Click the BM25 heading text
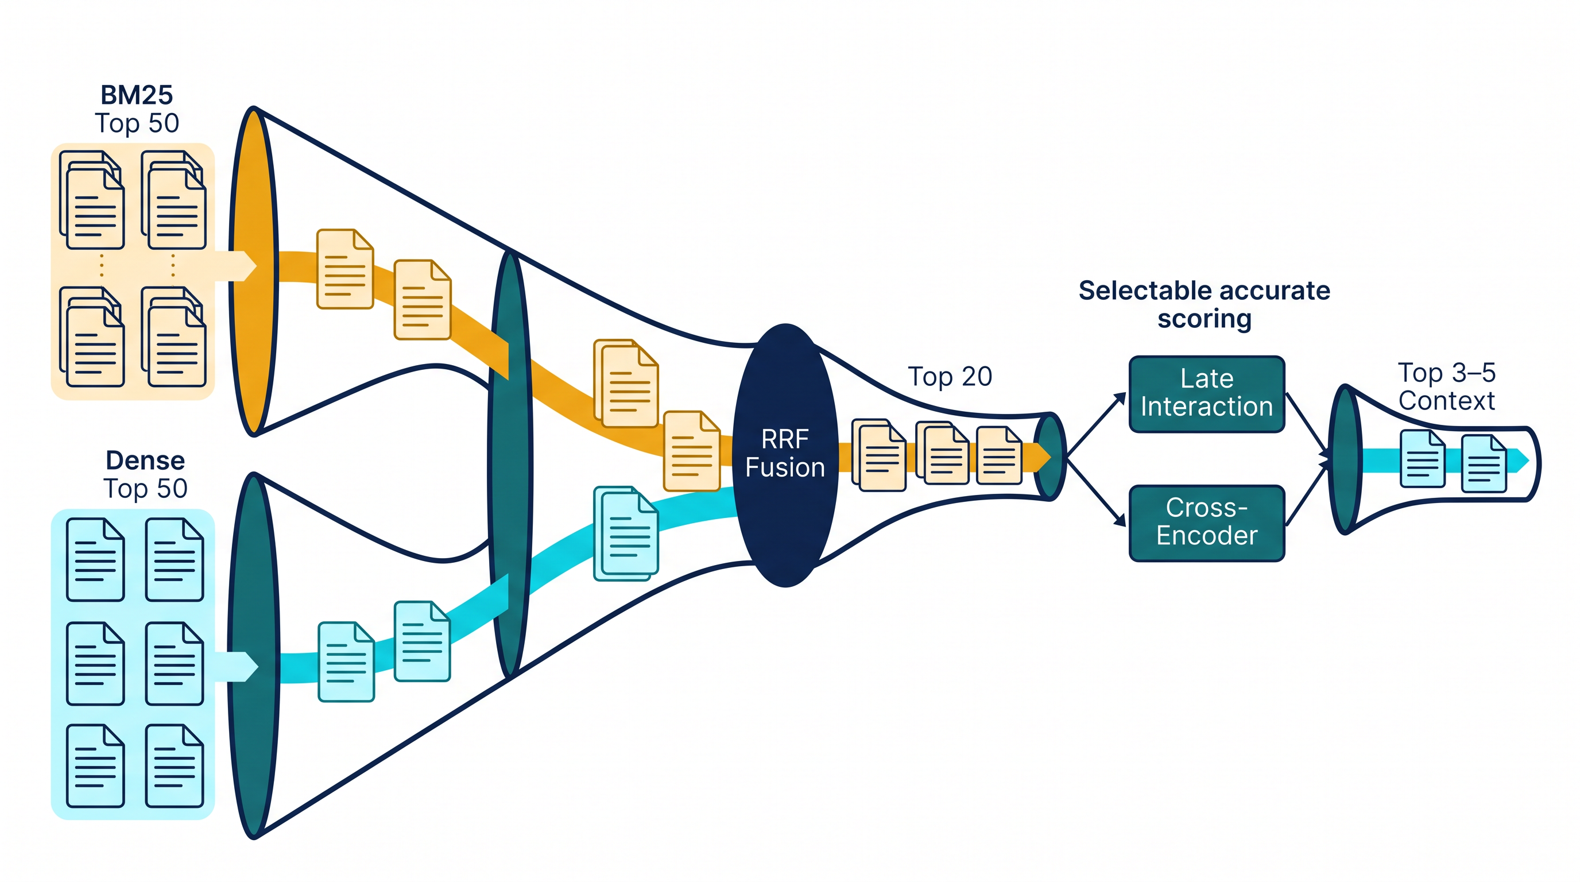pyautogui.click(x=137, y=95)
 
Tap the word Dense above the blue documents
pyautogui.click(x=145, y=460)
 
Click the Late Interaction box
pyautogui.click(x=1206, y=394)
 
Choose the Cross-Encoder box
pyautogui.click(x=1206, y=523)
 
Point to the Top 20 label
pyautogui.click(x=950, y=376)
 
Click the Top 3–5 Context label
pyautogui.click(x=1446, y=386)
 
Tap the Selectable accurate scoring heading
pyautogui.click(x=1204, y=305)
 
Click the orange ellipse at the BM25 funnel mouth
pyautogui.click(x=253, y=271)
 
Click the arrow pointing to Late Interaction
pyautogui.click(x=1097, y=424)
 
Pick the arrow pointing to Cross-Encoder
pyautogui.click(x=1097, y=491)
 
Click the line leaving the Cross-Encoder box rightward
pyautogui.click(x=1307, y=492)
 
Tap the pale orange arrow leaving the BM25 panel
pyautogui.click(x=235, y=266)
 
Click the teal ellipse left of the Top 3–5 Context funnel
pyautogui.click(x=1345, y=459)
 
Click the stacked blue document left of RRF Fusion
pyautogui.click(x=626, y=533)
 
